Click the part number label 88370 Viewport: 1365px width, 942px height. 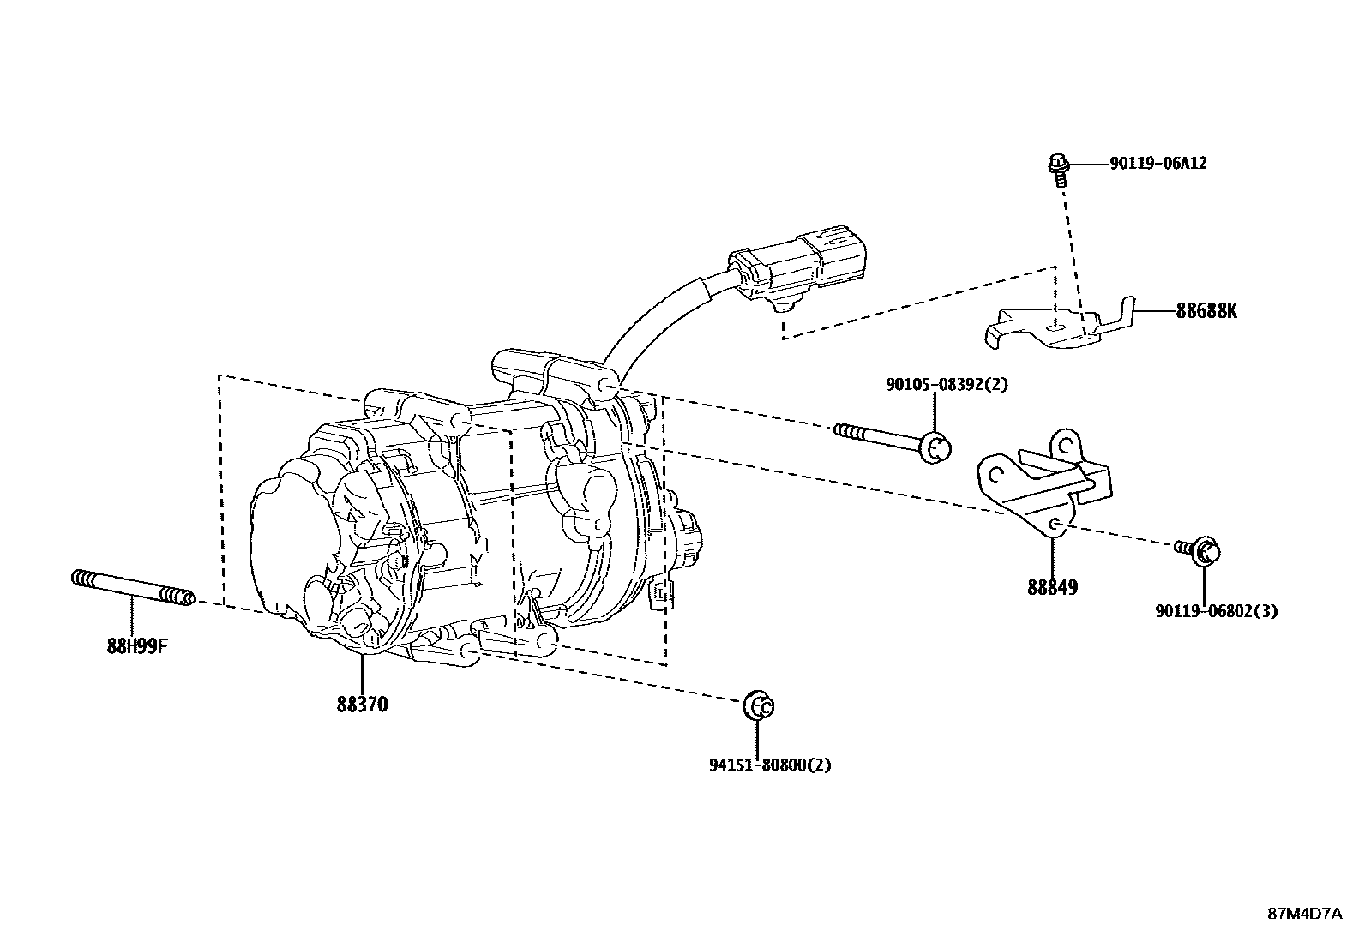(362, 705)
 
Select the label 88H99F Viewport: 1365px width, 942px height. (136, 646)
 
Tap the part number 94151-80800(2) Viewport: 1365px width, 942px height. (769, 765)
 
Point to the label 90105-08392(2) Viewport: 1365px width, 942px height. (947, 385)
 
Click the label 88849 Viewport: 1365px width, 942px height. (1052, 588)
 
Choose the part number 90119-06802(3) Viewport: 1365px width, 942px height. (1216, 611)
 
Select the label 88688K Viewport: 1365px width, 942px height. (1206, 311)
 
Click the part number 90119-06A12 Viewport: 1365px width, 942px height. (1158, 163)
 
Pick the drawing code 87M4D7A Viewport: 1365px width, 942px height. (1304, 913)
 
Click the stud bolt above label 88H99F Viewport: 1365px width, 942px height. (133, 587)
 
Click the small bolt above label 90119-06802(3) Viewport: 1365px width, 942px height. (1200, 549)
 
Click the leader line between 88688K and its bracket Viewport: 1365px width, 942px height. (1153, 311)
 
